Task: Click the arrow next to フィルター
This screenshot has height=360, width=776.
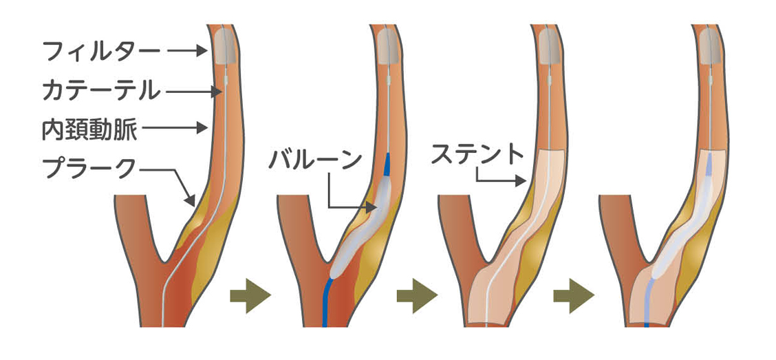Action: click(x=187, y=51)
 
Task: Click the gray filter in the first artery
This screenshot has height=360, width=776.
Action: click(x=222, y=45)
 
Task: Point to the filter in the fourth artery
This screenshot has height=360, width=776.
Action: click(x=713, y=45)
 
